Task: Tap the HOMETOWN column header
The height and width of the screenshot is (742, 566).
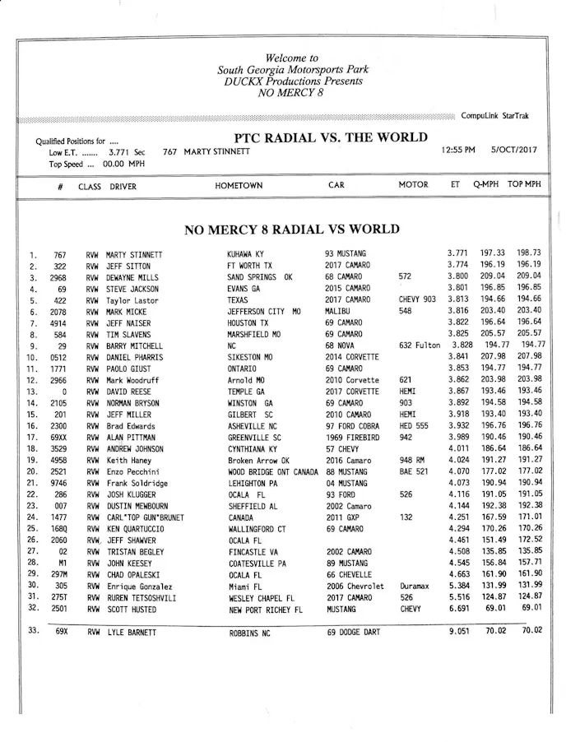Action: [x=239, y=186]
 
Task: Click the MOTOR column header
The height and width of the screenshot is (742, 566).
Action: [x=413, y=185]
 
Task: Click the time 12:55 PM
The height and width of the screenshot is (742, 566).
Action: [x=458, y=151]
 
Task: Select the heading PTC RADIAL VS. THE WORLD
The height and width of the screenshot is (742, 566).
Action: [x=331, y=137]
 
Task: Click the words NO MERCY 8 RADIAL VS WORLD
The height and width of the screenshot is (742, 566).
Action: [x=292, y=230]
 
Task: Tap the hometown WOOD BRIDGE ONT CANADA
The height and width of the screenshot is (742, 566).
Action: [x=273, y=472]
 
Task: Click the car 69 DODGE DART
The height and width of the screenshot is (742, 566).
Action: [x=354, y=633]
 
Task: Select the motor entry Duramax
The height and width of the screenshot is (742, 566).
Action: [x=415, y=587]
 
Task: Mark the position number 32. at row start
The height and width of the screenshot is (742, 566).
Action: [x=33, y=609]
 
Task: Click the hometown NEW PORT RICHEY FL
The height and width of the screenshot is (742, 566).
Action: [x=266, y=610]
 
